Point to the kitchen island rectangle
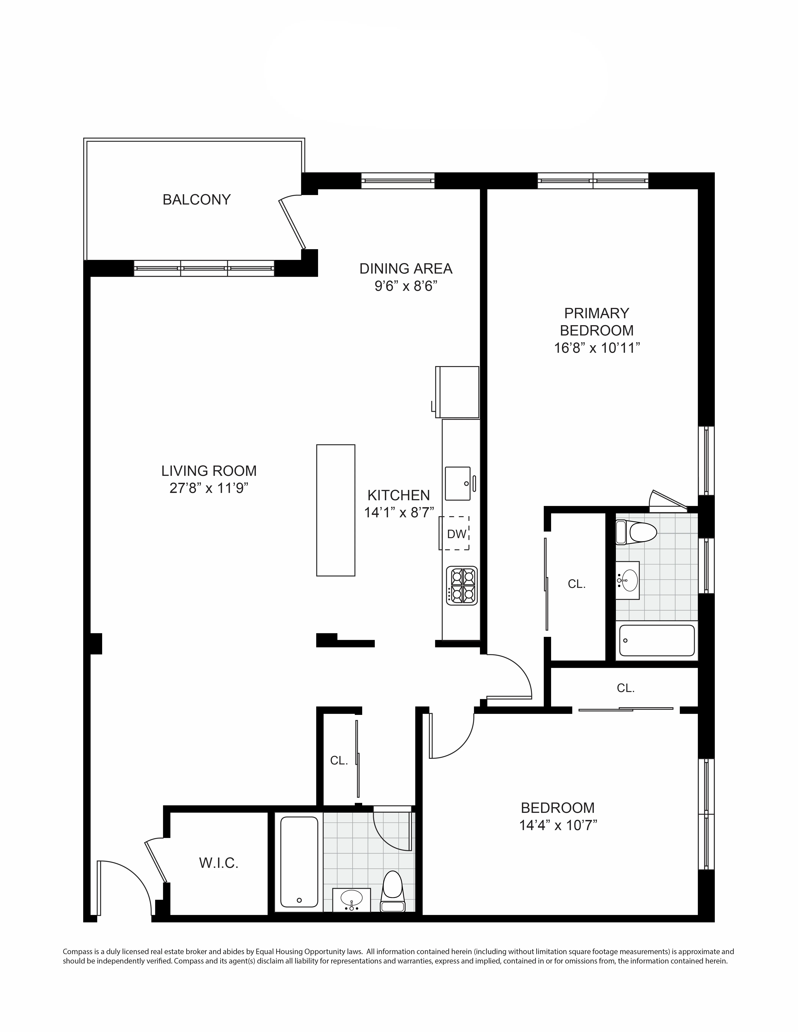click(x=336, y=510)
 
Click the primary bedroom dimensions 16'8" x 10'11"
click(x=597, y=348)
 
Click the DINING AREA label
click(x=406, y=268)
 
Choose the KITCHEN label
click(x=398, y=495)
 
